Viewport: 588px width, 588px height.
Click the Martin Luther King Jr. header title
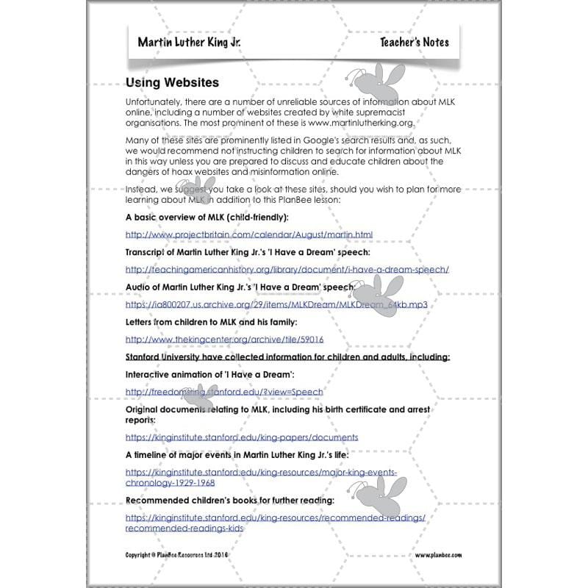(189, 41)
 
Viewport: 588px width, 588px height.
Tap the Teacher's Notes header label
(414, 42)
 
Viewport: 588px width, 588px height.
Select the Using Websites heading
(172, 84)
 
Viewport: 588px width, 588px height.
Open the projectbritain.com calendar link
(249, 234)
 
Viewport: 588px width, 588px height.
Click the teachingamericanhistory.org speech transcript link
(287, 269)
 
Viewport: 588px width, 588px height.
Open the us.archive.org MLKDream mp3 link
(276, 304)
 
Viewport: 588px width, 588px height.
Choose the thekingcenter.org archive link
(224, 340)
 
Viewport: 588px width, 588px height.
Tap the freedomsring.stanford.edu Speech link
(224, 392)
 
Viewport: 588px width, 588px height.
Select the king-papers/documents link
(242, 437)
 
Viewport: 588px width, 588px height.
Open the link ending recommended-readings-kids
(184, 528)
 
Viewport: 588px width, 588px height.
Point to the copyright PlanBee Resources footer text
(187, 555)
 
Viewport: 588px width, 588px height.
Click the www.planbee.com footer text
(438, 555)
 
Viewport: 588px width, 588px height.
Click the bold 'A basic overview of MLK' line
(207, 218)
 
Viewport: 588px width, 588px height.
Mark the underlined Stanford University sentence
(287, 357)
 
